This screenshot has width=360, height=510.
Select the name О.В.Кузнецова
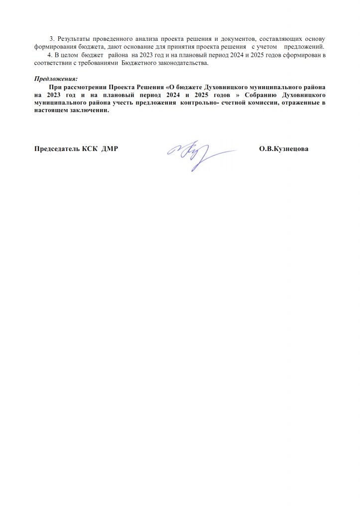[284, 149]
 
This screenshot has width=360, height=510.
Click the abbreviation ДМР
[110, 149]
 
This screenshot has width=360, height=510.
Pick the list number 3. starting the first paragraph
[52, 39]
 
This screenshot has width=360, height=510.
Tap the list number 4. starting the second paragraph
[49, 55]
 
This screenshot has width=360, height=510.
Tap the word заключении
[90, 111]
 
